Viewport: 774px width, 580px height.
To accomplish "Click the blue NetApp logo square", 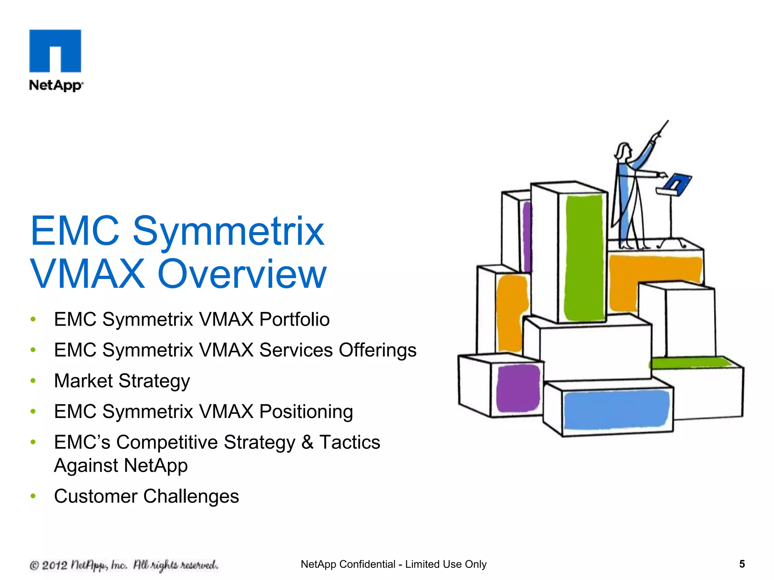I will click(x=55, y=51).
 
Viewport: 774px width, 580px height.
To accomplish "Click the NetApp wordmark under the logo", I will click(x=56, y=85).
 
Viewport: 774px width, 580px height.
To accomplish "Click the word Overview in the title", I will click(x=242, y=274).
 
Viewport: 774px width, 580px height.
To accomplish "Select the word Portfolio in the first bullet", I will click(x=294, y=319).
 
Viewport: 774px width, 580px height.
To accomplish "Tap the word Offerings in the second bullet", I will click(x=377, y=350).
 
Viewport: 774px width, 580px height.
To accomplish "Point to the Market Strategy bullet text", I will click(x=122, y=381).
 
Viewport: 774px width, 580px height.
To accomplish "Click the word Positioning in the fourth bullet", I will click(x=306, y=412).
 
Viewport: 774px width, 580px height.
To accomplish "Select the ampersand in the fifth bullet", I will click(x=307, y=442).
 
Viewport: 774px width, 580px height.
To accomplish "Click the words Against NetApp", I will click(x=121, y=466).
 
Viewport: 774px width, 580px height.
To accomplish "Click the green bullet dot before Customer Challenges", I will click(x=33, y=496).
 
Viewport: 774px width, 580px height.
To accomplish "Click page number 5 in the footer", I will click(x=742, y=564).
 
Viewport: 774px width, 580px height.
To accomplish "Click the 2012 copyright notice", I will click(x=124, y=565).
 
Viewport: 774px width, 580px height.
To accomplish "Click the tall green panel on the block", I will click(x=584, y=257).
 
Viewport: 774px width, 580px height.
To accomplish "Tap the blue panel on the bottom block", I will click(x=615, y=410).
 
